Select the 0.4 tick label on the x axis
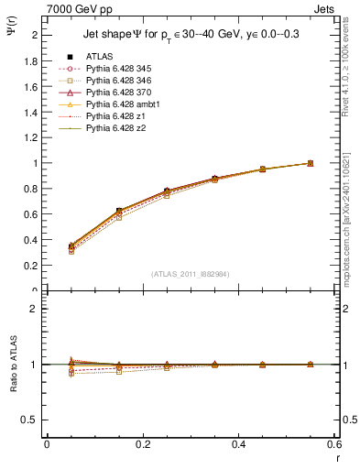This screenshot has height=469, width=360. tap(239, 443)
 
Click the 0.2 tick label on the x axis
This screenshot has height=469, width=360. tap(143, 443)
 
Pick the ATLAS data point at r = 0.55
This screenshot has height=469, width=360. tap(311, 163)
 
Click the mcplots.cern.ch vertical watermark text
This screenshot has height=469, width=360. tap(347, 211)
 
